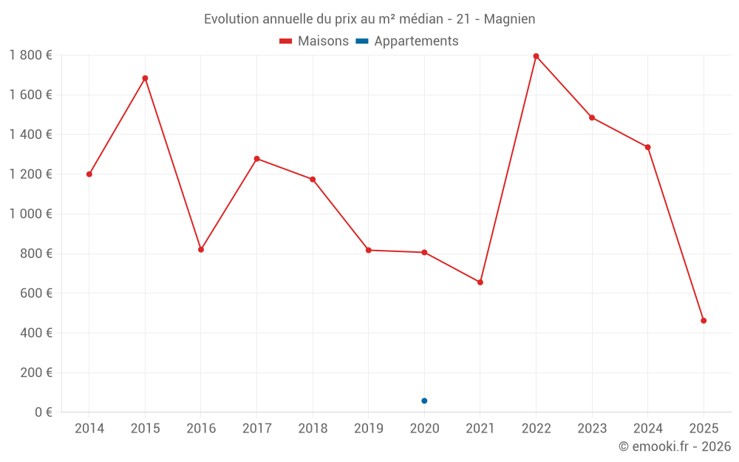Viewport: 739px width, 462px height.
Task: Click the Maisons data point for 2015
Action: pos(145,78)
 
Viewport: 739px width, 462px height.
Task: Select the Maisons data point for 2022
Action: pos(536,56)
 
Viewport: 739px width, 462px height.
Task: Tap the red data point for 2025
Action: pos(704,321)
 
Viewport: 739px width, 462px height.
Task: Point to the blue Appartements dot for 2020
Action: pos(424,401)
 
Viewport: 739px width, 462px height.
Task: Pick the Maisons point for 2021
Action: pos(480,282)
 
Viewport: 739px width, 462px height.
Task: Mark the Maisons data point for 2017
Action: pos(256,159)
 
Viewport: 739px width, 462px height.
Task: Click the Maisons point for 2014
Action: pos(89,174)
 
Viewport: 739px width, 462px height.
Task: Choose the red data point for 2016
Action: pos(201,250)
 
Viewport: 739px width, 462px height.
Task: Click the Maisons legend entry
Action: pos(314,41)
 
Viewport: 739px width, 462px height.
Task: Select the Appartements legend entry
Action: pos(408,41)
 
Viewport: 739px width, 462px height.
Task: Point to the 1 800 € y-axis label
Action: pos(30,55)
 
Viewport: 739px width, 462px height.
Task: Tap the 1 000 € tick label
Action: pos(30,214)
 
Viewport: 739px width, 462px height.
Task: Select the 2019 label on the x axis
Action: pos(369,429)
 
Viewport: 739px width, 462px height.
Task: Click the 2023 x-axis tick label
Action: pos(592,429)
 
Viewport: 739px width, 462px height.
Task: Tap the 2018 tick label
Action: pos(313,429)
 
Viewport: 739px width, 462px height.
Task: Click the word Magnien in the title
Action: pos(510,19)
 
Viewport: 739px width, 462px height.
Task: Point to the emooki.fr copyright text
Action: pos(675,446)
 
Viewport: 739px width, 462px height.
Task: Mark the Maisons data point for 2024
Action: pos(647,147)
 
